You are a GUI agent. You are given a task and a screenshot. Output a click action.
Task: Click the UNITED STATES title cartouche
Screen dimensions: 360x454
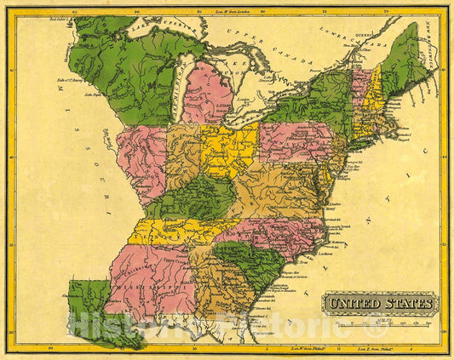(379, 302)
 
